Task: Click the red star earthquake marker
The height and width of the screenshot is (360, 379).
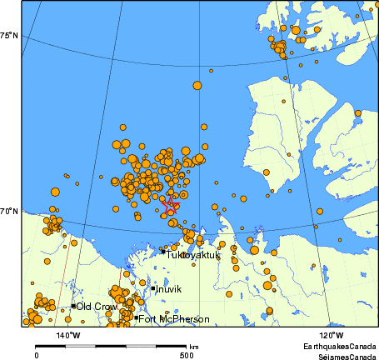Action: pyautogui.click(x=170, y=202)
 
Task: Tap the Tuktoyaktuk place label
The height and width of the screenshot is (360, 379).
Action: pyautogui.click(x=192, y=255)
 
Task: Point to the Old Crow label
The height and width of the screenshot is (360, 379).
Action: pyautogui.click(x=97, y=307)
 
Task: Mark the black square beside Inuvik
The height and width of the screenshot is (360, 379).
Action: pyautogui.click(x=154, y=288)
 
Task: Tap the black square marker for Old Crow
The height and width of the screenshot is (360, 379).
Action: pyautogui.click(x=73, y=306)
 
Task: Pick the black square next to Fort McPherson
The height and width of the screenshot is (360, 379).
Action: pyautogui.click(x=136, y=317)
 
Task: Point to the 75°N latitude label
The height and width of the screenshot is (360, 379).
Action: pyautogui.click(x=9, y=35)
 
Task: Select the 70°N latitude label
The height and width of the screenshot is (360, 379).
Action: pyautogui.click(x=9, y=212)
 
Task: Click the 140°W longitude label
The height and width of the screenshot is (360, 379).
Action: pyautogui.click(x=68, y=335)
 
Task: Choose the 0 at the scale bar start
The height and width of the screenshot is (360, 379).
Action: pyautogui.click(x=37, y=355)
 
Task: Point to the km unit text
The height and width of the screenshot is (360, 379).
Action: pyautogui.click(x=194, y=346)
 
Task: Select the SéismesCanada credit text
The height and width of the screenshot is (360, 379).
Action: pyautogui.click(x=342, y=355)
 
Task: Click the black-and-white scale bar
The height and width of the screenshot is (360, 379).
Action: pyautogui.click(x=111, y=346)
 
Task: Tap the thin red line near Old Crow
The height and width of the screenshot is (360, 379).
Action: pyautogui.click(x=61, y=283)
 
